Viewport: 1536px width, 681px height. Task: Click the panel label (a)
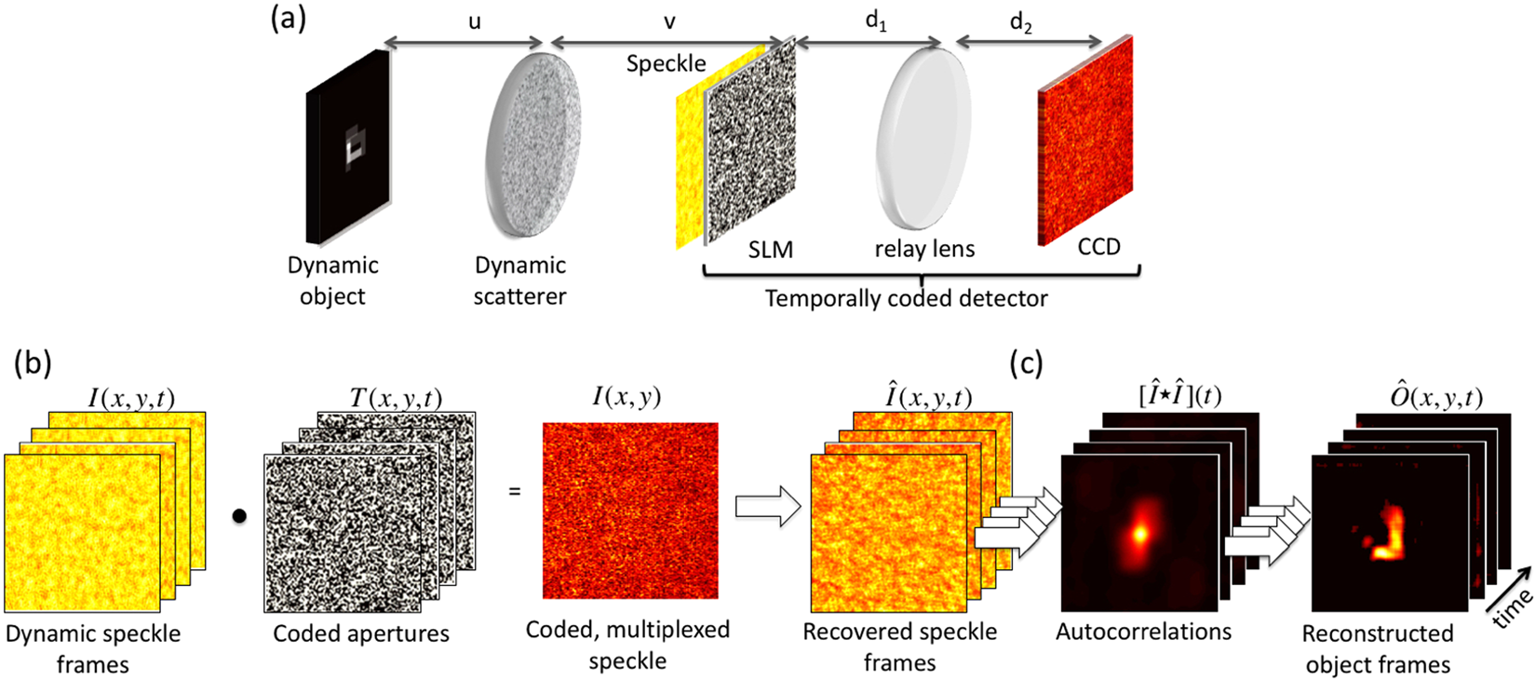(x=288, y=20)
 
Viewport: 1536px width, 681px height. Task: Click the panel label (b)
(x=33, y=362)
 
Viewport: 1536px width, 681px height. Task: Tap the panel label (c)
(x=1026, y=362)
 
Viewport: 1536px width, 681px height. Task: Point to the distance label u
(x=474, y=21)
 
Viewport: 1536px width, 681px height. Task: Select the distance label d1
(x=876, y=21)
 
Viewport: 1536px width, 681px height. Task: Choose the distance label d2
(x=1021, y=22)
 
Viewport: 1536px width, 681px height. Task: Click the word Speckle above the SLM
(x=666, y=63)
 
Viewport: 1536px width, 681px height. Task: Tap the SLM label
(x=771, y=250)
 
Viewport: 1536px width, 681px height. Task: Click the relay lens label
(x=924, y=250)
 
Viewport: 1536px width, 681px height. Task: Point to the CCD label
(x=1098, y=247)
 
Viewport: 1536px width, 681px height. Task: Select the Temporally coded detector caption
(x=906, y=298)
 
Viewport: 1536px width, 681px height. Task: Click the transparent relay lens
(x=923, y=138)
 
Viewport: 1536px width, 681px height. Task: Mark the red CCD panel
(x=1085, y=140)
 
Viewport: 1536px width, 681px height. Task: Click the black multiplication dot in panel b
(x=239, y=516)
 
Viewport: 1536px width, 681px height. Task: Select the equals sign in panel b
(x=514, y=489)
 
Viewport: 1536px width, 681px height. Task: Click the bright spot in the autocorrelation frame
(x=1139, y=534)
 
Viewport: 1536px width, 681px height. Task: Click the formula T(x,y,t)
(x=396, y=398)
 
